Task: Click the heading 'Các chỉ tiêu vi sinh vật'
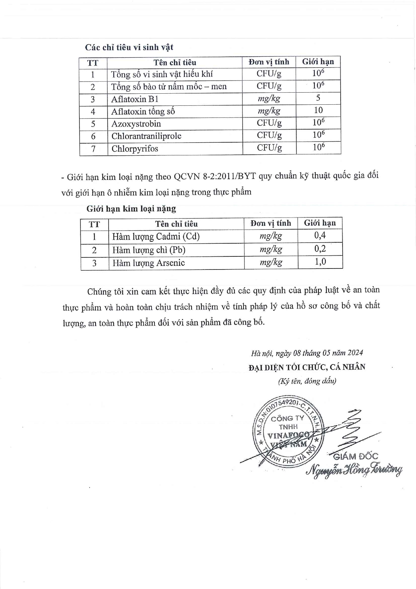(x=129, y=47)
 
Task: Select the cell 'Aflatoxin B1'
(x=135, y=99)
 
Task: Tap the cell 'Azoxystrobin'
(x=136, y=124)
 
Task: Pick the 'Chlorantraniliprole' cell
(x=146, y=136)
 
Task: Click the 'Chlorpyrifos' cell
(x=135, y=149)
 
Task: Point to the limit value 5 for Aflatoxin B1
(x=318, y=98)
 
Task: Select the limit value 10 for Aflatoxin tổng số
(x=318, y=110)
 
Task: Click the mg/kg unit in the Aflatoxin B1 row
(x=269, y=99)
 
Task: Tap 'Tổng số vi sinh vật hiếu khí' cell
(x=162, y=74)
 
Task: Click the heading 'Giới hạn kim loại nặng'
(x=131, y=209)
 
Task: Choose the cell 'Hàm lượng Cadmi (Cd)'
(x=156, y=237)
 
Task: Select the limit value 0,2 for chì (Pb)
(x=320, y=249)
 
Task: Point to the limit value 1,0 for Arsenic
(x=320, y=262)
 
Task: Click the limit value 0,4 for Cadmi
(x=320, y=236)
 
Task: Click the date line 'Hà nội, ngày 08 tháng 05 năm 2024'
(x=307, y=353)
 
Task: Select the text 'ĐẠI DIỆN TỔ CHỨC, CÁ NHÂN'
(x=307, y=367)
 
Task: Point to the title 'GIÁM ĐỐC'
(x=355, y=456)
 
